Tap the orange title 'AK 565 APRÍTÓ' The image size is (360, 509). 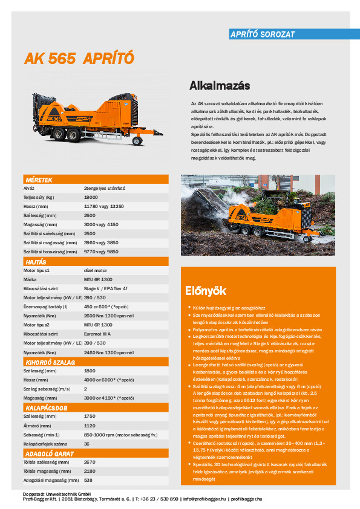point(79,58)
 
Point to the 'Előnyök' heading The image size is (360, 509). point(201,290)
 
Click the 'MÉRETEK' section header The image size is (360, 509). point(39,180)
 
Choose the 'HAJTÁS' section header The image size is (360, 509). point(36,262)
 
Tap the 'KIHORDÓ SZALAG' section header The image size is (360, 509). point(50,362)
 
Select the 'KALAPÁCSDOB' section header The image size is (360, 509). point(45,408)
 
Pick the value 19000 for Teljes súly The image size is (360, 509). point(91,197)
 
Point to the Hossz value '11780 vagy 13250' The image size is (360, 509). point(104,206)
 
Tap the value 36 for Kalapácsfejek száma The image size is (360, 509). point(87,444)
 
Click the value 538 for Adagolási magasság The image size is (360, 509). point(88,480)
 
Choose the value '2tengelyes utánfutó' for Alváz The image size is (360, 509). point(104,189)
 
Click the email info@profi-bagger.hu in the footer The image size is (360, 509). point(205,499)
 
